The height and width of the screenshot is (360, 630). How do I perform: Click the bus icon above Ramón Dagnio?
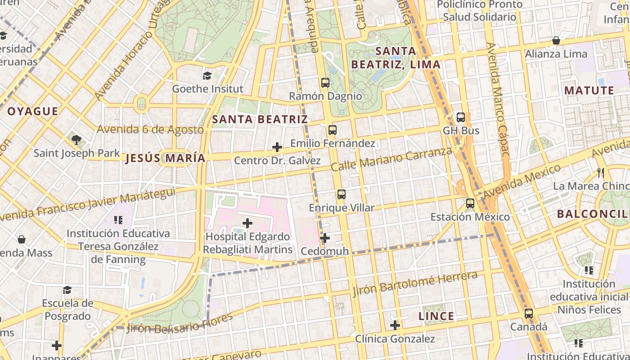(x=325, y=83)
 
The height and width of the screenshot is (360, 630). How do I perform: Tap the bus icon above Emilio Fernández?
(x=332, y=130)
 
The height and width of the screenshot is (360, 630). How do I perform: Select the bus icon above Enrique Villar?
(x=341, y=194)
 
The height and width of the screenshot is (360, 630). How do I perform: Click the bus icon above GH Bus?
(x=460, y=117)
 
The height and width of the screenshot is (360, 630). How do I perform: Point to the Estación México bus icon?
(x=470, y=203)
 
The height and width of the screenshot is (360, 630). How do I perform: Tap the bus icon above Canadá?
(x=529, y=313)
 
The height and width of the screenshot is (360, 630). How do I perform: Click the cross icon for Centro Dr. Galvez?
(x=277, y=147)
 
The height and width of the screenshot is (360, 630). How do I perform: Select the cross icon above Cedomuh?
(x=325, y=238)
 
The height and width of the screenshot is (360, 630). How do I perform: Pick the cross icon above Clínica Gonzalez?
(x=395, y=325)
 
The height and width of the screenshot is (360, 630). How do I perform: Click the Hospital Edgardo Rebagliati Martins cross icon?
(x=247, y=223)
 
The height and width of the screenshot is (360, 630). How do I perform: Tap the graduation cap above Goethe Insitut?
(x=207, y=76)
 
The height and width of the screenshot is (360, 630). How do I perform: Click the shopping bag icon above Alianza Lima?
(x=556, y=40)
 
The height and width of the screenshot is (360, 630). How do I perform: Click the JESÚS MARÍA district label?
(x=165, y=158)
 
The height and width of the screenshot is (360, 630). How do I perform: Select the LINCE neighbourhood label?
(x=436, y=316)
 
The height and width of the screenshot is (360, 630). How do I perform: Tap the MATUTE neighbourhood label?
(x=589, y=90)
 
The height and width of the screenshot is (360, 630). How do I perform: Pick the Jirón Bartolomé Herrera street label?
(x=415, y=284)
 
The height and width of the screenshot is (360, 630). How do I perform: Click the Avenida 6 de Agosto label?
(x=150, y=130)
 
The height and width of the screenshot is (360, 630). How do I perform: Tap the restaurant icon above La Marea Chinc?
(x=600, y=172)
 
